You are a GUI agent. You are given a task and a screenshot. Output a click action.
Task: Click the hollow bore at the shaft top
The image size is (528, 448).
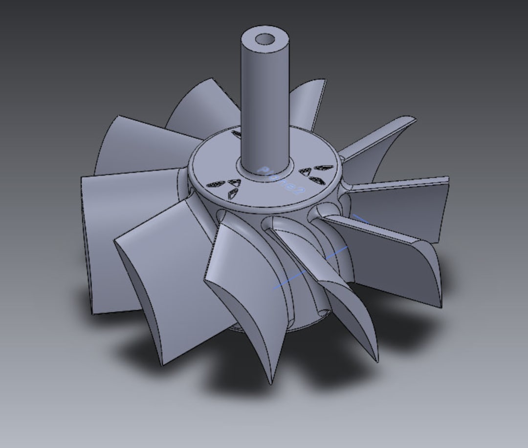pos(265,39)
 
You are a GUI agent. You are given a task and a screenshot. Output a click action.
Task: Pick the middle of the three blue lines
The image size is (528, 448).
pos(336,253)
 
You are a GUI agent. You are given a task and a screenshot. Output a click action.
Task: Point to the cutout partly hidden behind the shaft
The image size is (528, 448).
pos(236,133)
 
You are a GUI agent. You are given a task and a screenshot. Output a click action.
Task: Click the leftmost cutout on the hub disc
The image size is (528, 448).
pos(215,185)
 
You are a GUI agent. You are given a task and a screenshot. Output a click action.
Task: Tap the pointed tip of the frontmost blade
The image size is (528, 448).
pos(270,381)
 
